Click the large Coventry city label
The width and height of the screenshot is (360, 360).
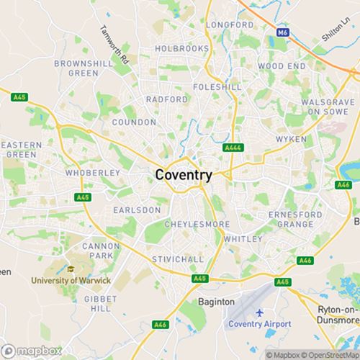click(x=184, y=175)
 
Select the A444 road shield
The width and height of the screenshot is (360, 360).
click(x=232, y=148)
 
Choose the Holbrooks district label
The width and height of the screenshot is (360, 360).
click(x=182, y=49)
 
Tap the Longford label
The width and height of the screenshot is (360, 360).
click(x=230, y=24)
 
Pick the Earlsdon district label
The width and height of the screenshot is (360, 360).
click(x=137, y=210)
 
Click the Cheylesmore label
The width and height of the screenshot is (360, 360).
click(x=187, y=225)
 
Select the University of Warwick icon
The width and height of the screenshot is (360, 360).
click(x=71, y=269)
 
